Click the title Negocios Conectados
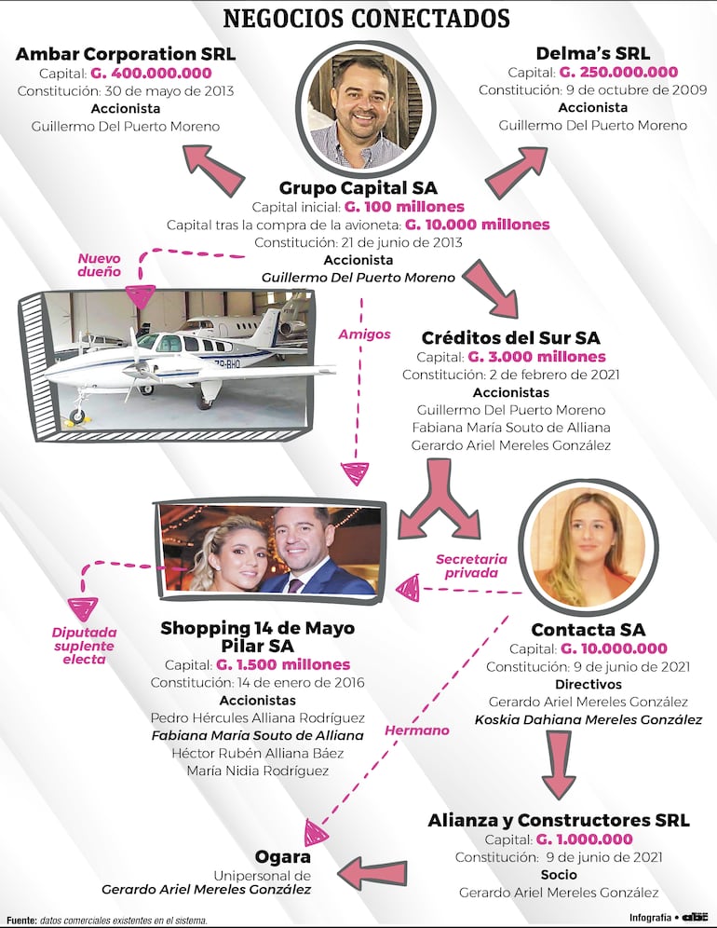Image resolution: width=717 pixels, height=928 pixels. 366,19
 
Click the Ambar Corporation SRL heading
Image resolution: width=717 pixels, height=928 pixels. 125,54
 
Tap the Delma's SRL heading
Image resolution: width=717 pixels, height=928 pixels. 592,53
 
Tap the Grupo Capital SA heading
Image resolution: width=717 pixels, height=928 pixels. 358,188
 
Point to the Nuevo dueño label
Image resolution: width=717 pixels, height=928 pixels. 99,265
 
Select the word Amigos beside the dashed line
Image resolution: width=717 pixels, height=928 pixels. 364,334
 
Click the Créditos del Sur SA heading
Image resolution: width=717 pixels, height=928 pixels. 510,337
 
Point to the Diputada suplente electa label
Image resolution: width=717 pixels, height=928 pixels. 83,646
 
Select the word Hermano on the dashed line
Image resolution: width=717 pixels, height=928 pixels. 417,730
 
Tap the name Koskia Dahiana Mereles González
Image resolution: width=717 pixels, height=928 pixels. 588,719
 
